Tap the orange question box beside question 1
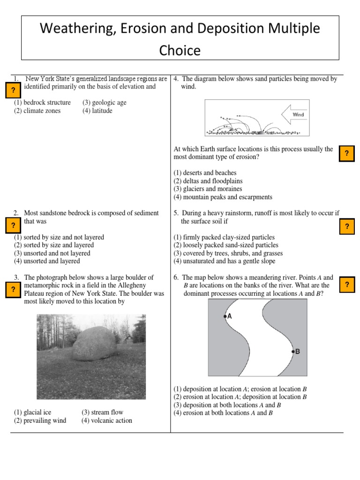point(13,89)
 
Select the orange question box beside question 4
point(346,153)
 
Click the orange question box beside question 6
point(347,285)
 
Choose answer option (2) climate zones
point(37,111)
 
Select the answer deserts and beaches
point(205,173)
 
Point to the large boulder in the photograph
point(94,345)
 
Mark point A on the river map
point(225,316)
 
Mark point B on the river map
point(293,351)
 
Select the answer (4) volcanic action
point(107,420)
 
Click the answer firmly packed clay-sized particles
point(224,237)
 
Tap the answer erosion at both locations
point(223,413)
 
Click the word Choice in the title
point(180,50)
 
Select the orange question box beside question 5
point(347,226)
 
